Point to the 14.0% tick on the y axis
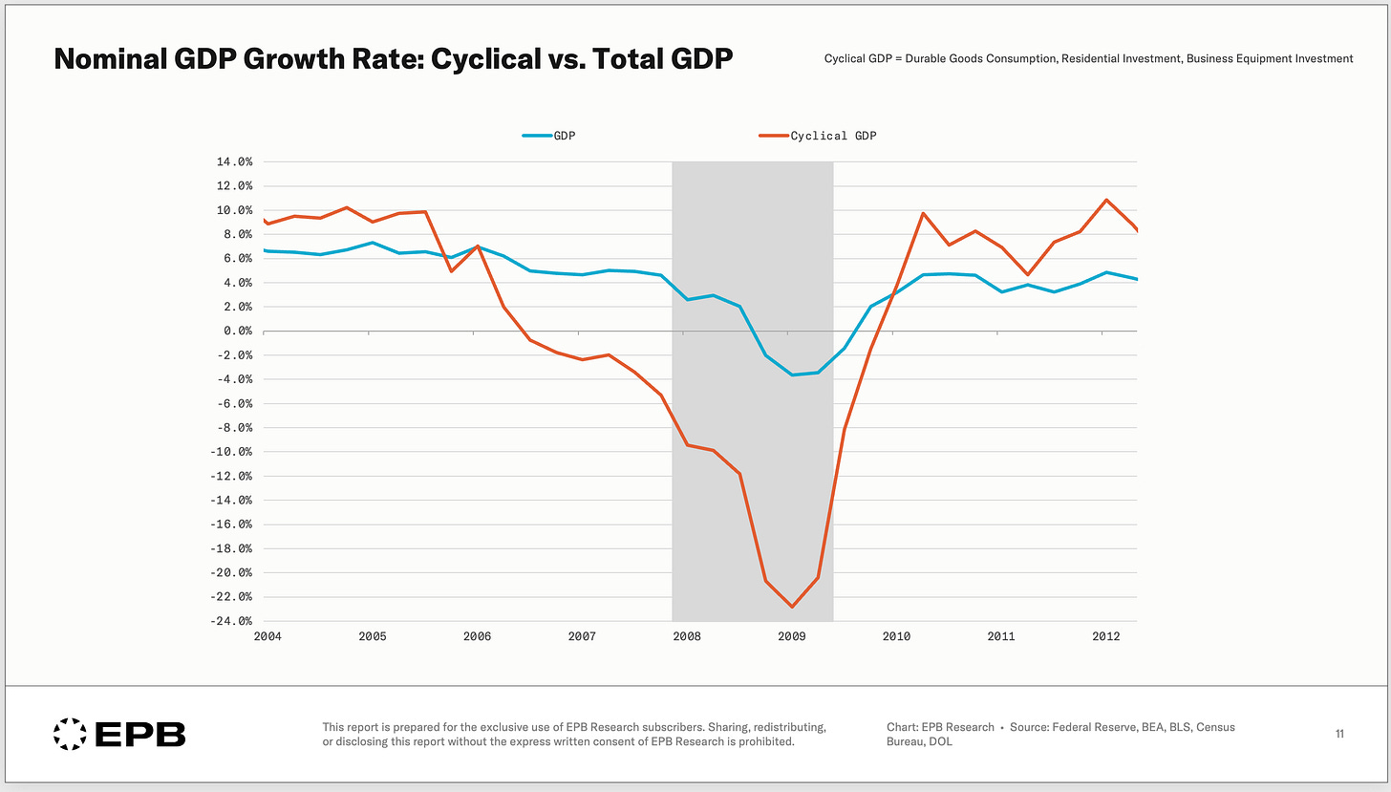tap(234, 161)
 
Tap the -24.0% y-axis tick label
tap(230, 621)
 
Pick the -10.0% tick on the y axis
tap(230, 452)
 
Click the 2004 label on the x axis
tap(267, 636)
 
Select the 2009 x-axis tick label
tap(792, 636)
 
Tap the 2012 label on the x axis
tap(1106, 636)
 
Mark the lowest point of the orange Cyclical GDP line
tap(792, 607)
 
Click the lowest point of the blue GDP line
tap(792, 375)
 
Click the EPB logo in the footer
tap(119, 734)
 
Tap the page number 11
tap(1339, 734)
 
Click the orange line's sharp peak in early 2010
tap(923, 213)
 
